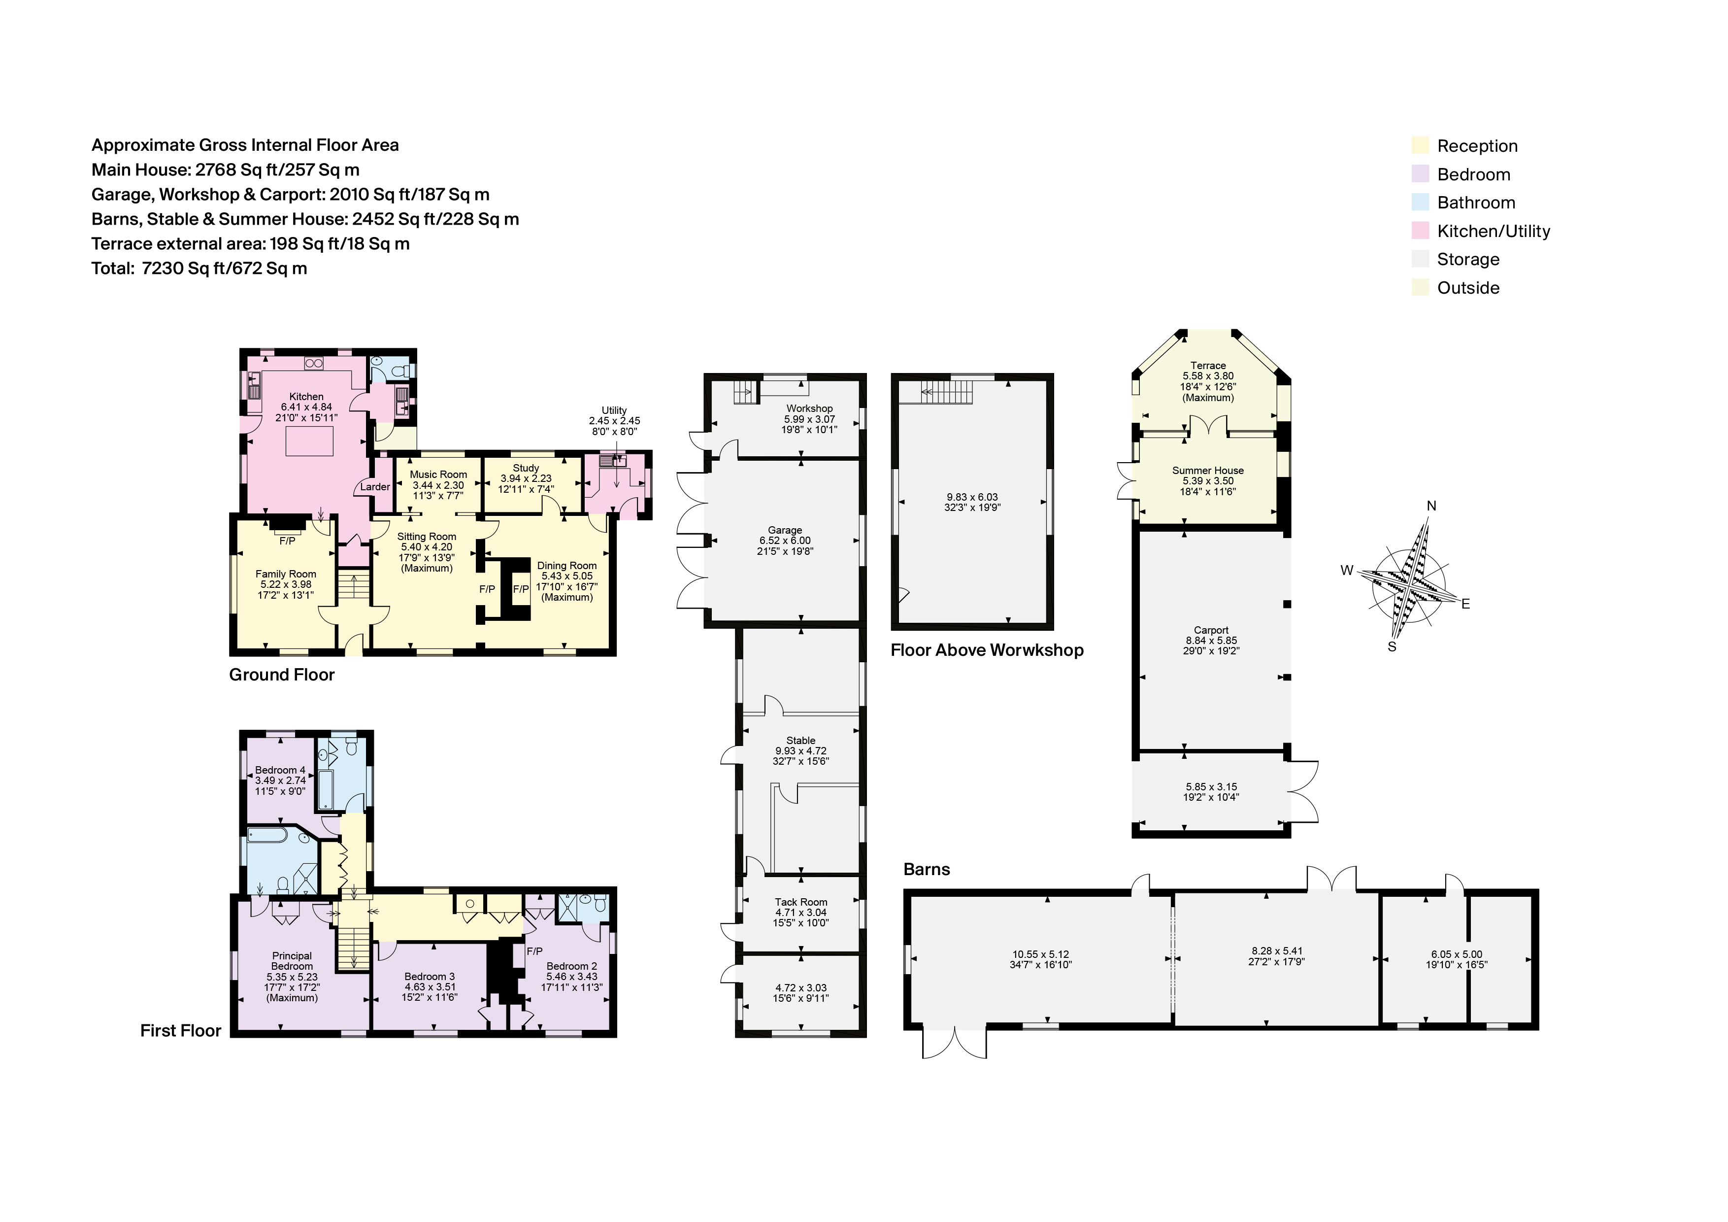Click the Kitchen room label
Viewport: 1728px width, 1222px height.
coord(306,396)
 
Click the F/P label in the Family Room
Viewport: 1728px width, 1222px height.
coord(287,541)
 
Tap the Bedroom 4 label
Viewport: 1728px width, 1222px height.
coord(280,770)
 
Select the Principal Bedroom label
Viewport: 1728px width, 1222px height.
coord(292,961)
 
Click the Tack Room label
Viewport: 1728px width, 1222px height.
coord(801,902)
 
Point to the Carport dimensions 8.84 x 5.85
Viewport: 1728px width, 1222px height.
coord(1210,641)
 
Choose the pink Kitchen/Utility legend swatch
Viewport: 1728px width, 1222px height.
coord(1420,231)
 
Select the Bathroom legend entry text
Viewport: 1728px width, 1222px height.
coord(1475,203)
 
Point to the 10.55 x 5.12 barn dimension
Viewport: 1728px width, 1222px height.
coord(1041,954)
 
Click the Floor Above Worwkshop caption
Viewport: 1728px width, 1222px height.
coord(987,650)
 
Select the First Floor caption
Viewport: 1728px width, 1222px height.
coord(181,1031)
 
